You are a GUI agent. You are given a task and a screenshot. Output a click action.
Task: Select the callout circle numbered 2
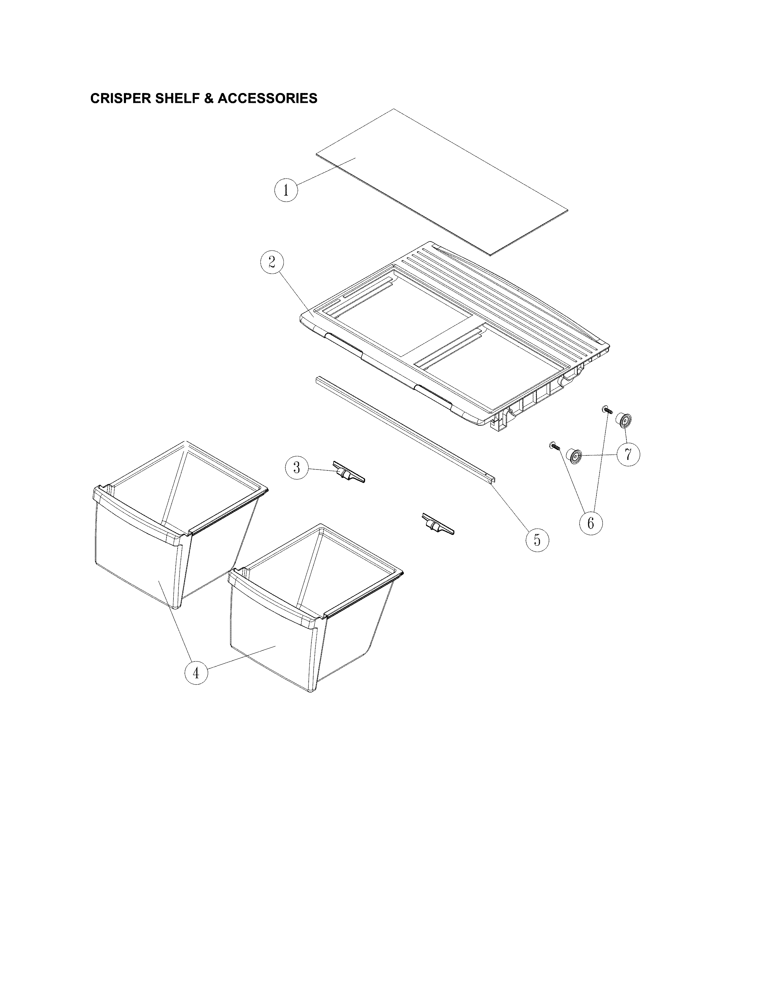click(x=272, y=262)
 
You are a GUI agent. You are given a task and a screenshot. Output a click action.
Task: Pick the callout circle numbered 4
click(x=196, y=686)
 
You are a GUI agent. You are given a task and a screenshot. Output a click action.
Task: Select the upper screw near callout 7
click(x=607, y=410)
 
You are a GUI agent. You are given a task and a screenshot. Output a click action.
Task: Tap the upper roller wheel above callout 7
click(x=623, y=420)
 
